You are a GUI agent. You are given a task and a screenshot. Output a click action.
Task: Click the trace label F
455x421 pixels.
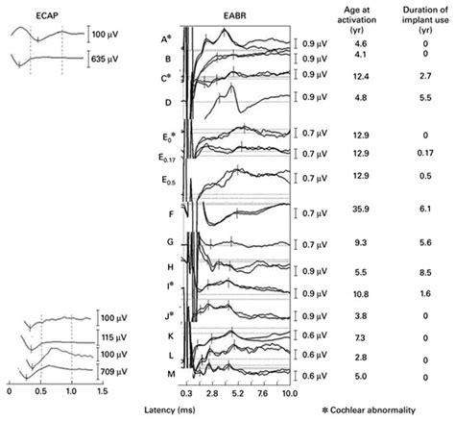[x=170, y=215]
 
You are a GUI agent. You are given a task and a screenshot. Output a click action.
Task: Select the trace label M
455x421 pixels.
[x=170, y=373]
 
